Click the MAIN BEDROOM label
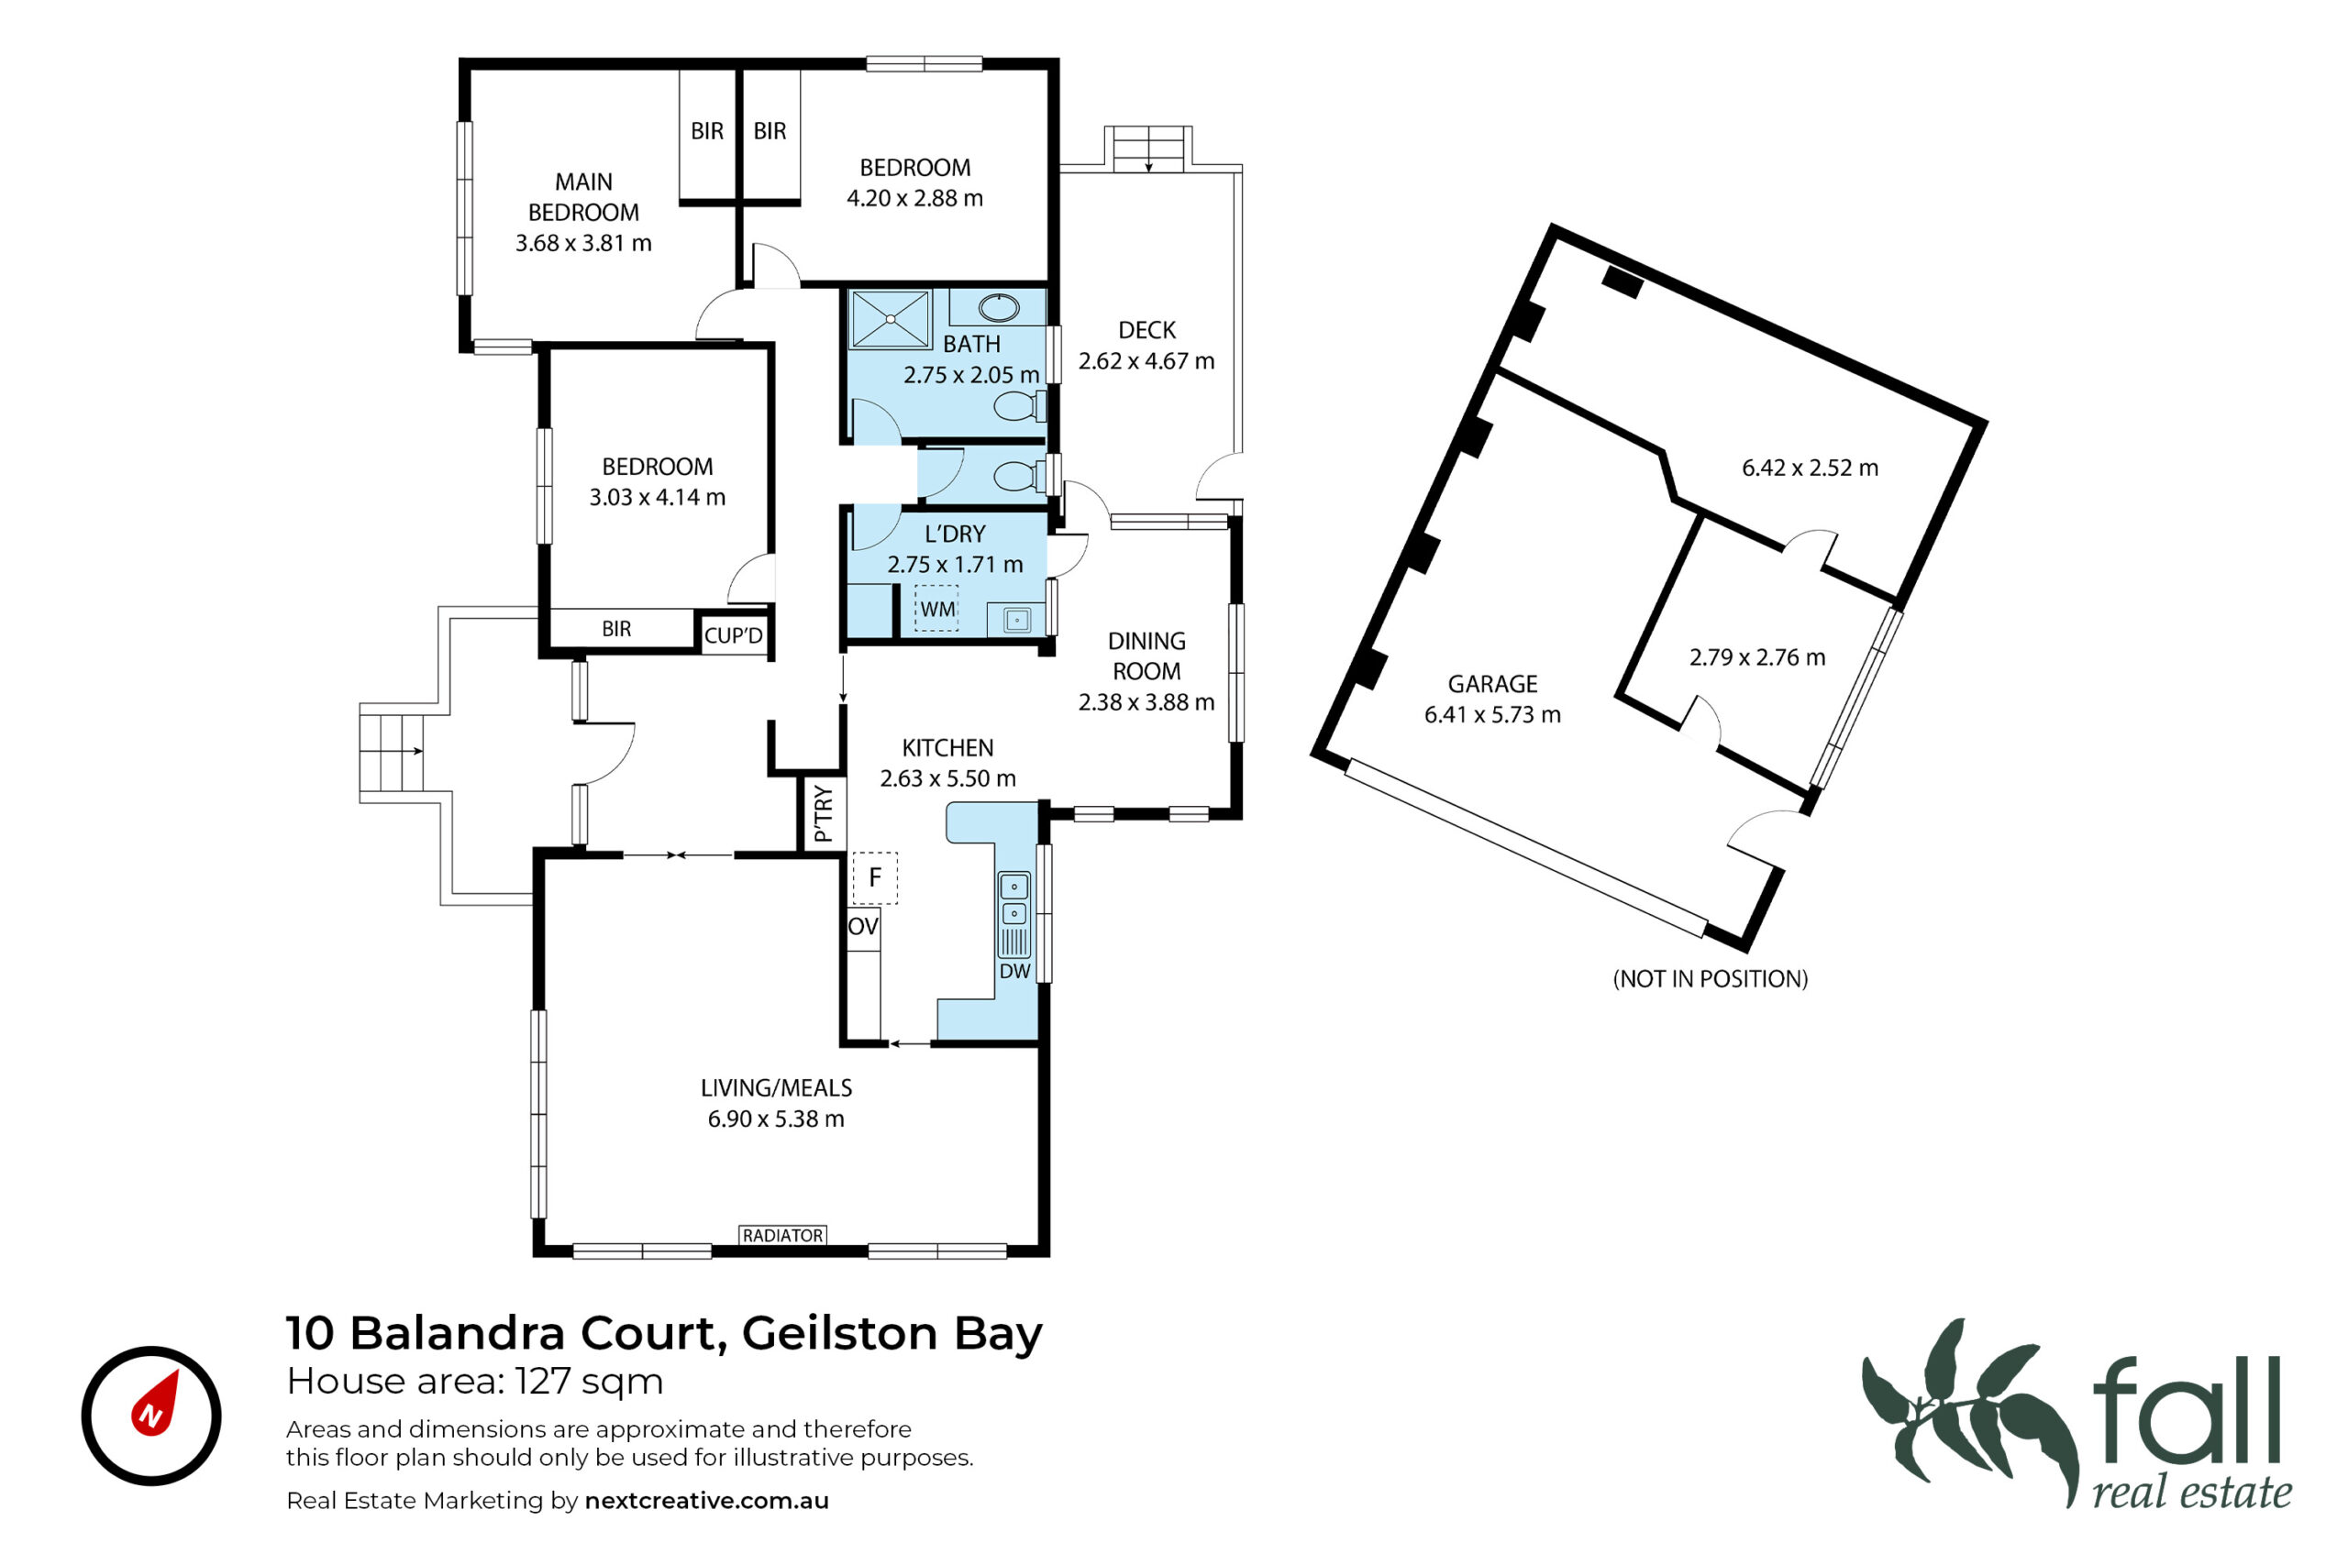tap(583, 196)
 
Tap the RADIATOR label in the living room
tap(782, 1236)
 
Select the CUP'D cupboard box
tap(734, 634)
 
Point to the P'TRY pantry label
tap(824, 813)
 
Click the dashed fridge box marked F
tap(874, 878)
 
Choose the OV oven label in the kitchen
tap(862, 926)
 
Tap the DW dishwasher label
tap(1014, 971)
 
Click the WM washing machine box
tap(936, 609)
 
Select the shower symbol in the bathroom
tap(890, 319)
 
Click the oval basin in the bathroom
tap(997, 306)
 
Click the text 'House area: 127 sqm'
tap(474, 1382)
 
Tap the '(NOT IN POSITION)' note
tap(1710, 979)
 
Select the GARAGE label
tap(1492, 684)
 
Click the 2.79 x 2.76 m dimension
tap(1757, 656)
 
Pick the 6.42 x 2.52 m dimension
tap(1810, 467)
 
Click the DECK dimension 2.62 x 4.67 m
tap(1146, 361)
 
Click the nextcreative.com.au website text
tap(707, 1500)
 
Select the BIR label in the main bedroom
tap(707, 131)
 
